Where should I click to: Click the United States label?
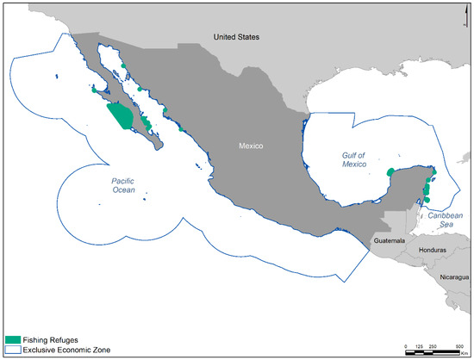pyautogui.click(x=236, y=37)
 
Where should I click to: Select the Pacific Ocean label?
pyautogui.click(x=128, y=185)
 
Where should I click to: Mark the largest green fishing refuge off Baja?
pyautogui.click(x=119, y=115)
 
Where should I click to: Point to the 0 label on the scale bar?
pyautogui.click(x=406, y=346)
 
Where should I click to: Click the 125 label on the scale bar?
pyautogui.click(x=418, y=346)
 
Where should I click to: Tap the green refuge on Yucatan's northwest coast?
pyautogui.click(x=391, y=171)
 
